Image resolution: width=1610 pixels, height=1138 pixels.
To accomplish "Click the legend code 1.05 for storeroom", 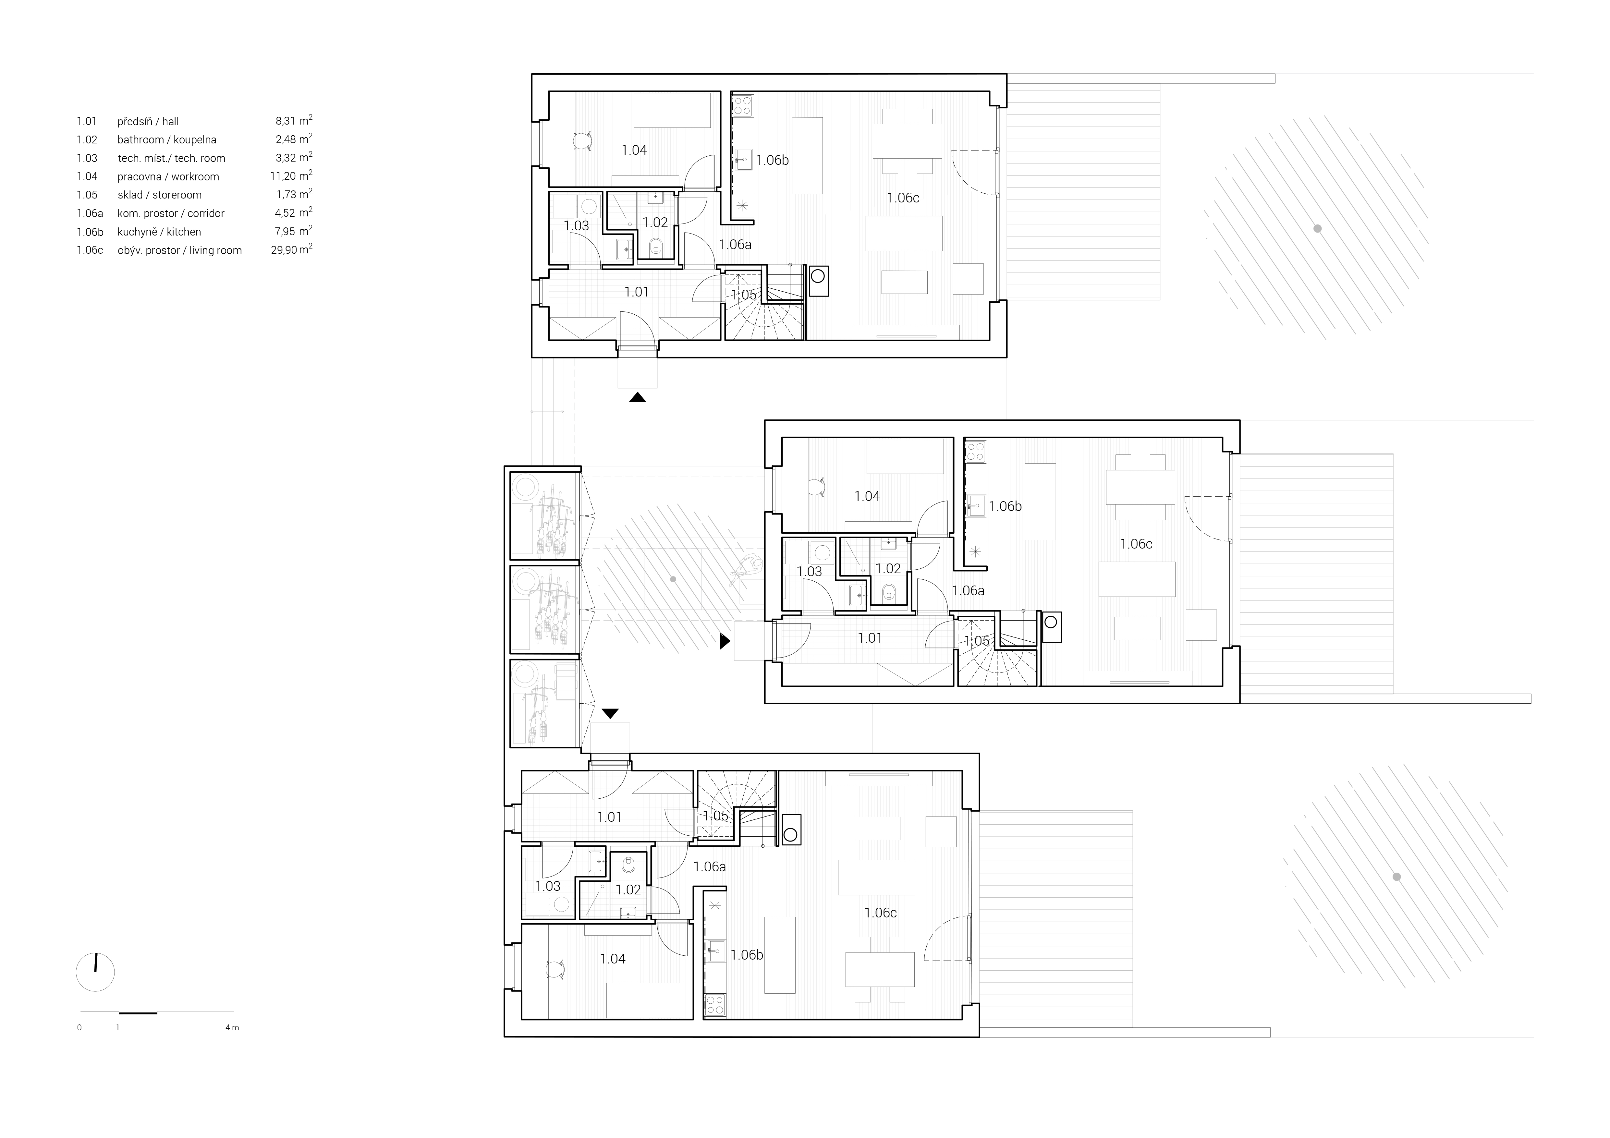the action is (x=87, y=195).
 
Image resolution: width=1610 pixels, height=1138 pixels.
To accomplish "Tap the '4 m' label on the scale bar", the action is (x=232, y=1028).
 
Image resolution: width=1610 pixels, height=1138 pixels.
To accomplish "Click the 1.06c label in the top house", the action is (x=903, y=198).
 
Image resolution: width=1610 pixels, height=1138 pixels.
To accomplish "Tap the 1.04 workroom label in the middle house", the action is (x=867, y=496).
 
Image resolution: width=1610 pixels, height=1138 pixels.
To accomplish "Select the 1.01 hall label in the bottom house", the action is (x=609, y=817).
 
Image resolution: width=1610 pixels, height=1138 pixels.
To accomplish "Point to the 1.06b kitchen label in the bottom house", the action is (x=747, y=955).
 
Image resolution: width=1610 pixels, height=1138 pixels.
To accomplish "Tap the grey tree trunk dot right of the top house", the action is (x=1318, y=229).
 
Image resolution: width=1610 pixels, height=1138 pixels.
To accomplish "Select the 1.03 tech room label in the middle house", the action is (x=809, y=572).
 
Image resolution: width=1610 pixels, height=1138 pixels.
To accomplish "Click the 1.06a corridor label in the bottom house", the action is (x=710, y=867).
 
